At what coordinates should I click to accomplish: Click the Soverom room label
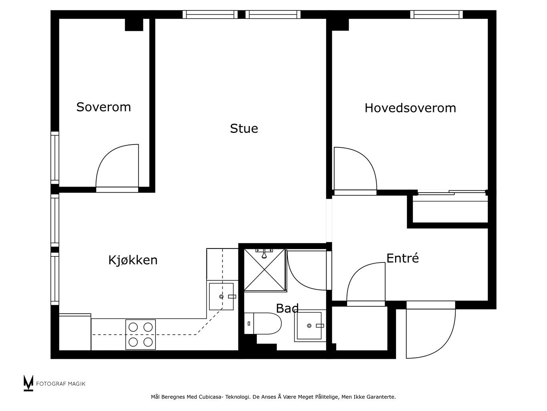click(103, 107)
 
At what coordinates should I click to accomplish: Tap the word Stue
click(244, 129)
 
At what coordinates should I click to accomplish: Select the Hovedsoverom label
click(410, 108)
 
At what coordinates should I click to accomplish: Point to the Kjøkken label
click(133, 260)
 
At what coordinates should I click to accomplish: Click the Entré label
click(402, 258)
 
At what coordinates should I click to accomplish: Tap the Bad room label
click(287, 308)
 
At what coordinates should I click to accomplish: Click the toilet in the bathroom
click(262, 324)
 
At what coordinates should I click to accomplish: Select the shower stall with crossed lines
click(264, 270)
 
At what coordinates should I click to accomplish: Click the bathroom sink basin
click(309, 326)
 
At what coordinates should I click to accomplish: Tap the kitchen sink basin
click(221, 297)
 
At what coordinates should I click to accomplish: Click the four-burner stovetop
click(141, 334)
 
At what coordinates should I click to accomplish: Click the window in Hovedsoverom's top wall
click(436, 14)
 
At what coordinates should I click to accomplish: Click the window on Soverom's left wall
click(55, 158)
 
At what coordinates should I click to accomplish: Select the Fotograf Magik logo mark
click(28, 383)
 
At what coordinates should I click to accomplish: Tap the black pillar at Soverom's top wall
click(134, 25)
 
